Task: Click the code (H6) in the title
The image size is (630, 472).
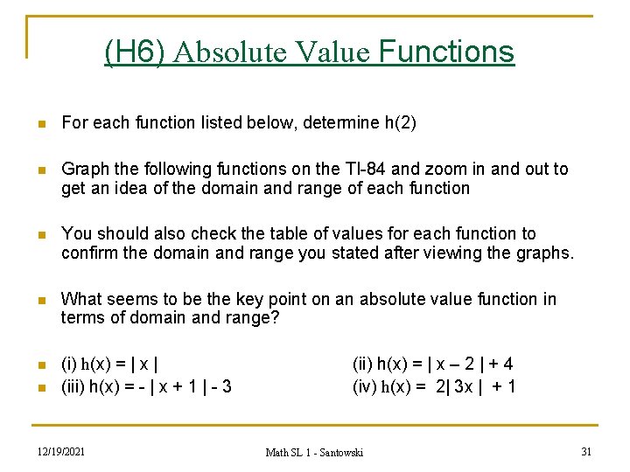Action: point(134,52)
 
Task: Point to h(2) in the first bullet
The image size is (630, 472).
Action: point(400,123)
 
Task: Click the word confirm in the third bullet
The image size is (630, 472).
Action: point(89,253)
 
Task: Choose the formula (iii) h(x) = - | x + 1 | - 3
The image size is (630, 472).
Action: point(146,385)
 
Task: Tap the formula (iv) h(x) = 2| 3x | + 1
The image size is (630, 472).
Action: point(434,385)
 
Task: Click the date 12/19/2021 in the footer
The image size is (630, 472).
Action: point(61,451)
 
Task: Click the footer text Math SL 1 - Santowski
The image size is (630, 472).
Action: point(314,452)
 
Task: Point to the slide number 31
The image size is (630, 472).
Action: point(587,451)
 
